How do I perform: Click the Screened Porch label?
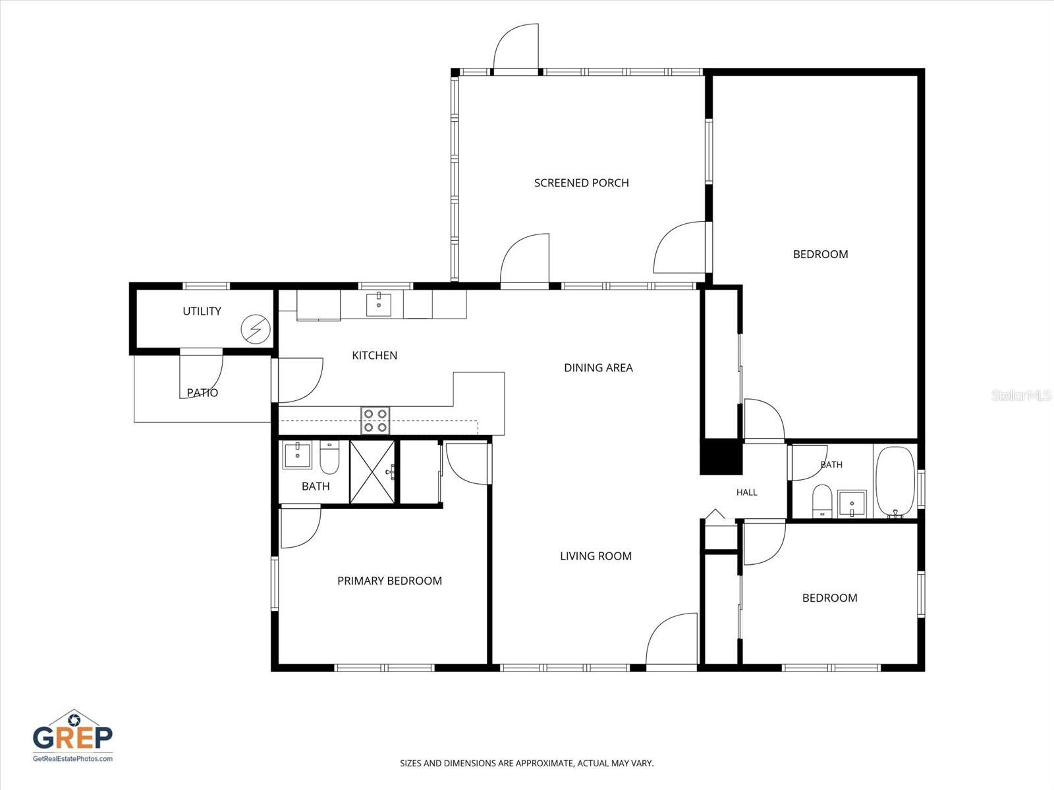[581, 183]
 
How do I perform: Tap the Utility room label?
[202, 311]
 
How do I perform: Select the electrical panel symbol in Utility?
[256, 329]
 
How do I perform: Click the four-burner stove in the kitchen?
[375, 421]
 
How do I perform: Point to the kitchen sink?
[378, 304]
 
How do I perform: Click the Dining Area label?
[598, 368]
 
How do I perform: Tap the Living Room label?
[596, 556]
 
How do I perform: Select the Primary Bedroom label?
[389, 581]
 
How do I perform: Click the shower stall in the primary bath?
[372, 472]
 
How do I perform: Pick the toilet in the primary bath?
[329, 458]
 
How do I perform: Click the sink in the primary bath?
[297, 454]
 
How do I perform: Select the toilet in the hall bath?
[822, 501]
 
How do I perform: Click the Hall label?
[746, 492]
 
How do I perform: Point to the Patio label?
[202, 393]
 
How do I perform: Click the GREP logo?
[72, 736]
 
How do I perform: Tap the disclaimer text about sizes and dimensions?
[527, 763]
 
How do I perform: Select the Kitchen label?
[375, 355]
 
